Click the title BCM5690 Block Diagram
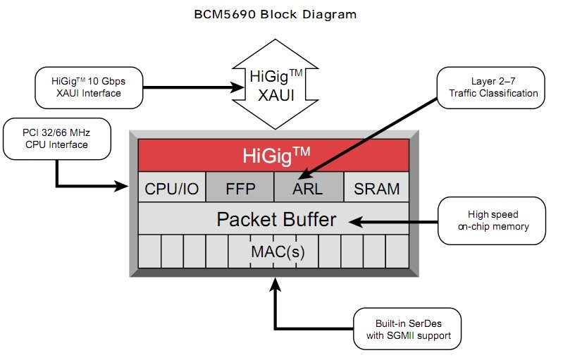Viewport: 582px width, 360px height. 275,13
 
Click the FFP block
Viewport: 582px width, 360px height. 240,188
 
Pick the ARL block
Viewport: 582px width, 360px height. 308,188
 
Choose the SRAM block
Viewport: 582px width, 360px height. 376,188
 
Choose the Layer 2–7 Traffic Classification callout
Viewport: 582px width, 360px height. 490,87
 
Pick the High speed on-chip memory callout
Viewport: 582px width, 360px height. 493,220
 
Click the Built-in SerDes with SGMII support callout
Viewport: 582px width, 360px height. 408,329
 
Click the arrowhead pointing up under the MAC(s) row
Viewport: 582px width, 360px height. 275,283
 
